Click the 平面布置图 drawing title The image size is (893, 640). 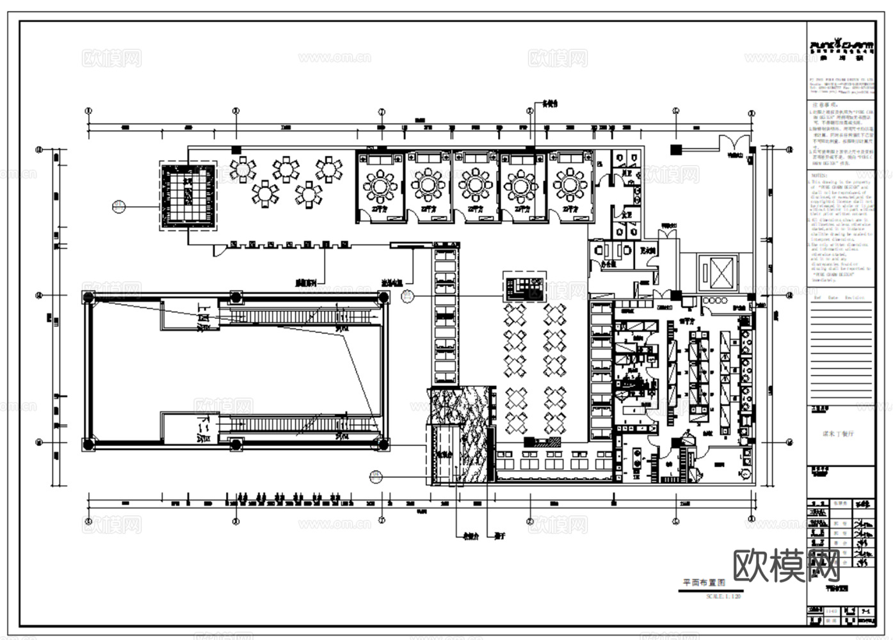pyautogui.click(x=704, y=583)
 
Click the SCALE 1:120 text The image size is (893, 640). pyautogui.click(x=723, y=596)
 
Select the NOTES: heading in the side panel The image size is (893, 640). pyautogui.click(x=819, y=175)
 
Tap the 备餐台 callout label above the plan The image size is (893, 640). pyautogui.click(x=550, y=103)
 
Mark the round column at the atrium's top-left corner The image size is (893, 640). pyautogui.click(x=88, y=298)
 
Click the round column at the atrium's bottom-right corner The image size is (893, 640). pyautogui.click(x=382, y=443)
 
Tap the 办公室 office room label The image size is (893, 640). pyautogui.click(x=607, y=263)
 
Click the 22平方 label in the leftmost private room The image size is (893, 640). pyautogui.click(x=380, y=209)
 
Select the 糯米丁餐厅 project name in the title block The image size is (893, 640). pyautogui.click(x=838, y=433)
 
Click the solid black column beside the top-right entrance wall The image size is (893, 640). pyautogui.click(x=675, y=150)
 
